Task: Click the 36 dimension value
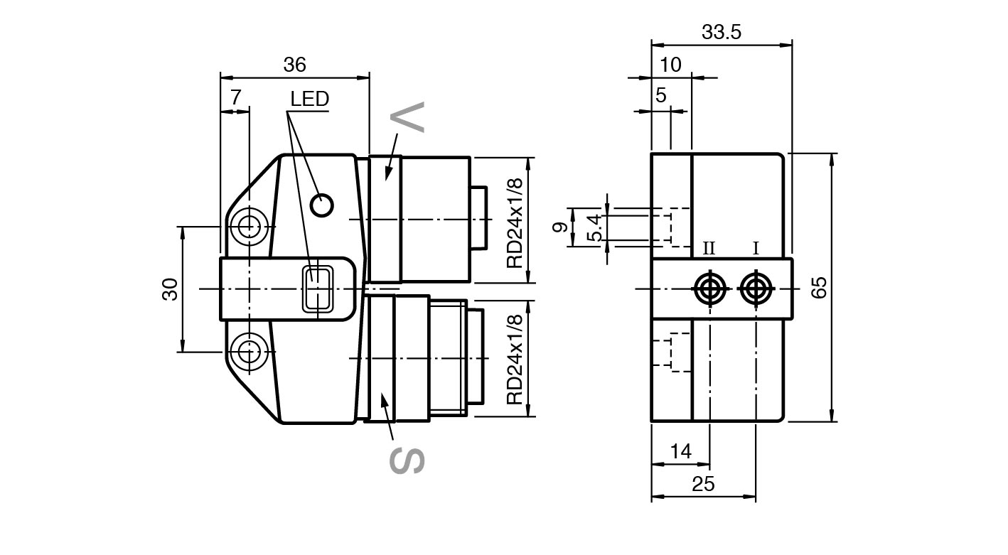(x=295, y=65)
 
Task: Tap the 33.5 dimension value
(x=722, y=33)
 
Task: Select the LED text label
(x=310, y=99)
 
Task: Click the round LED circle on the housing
(x=322, y=205)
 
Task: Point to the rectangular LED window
(x=318, y=289)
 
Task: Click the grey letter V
(x=407, y=117)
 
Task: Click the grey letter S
(x=407, y=460)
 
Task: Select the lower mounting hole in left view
(x=248, y=352)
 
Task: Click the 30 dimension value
(x=170, y=289)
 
